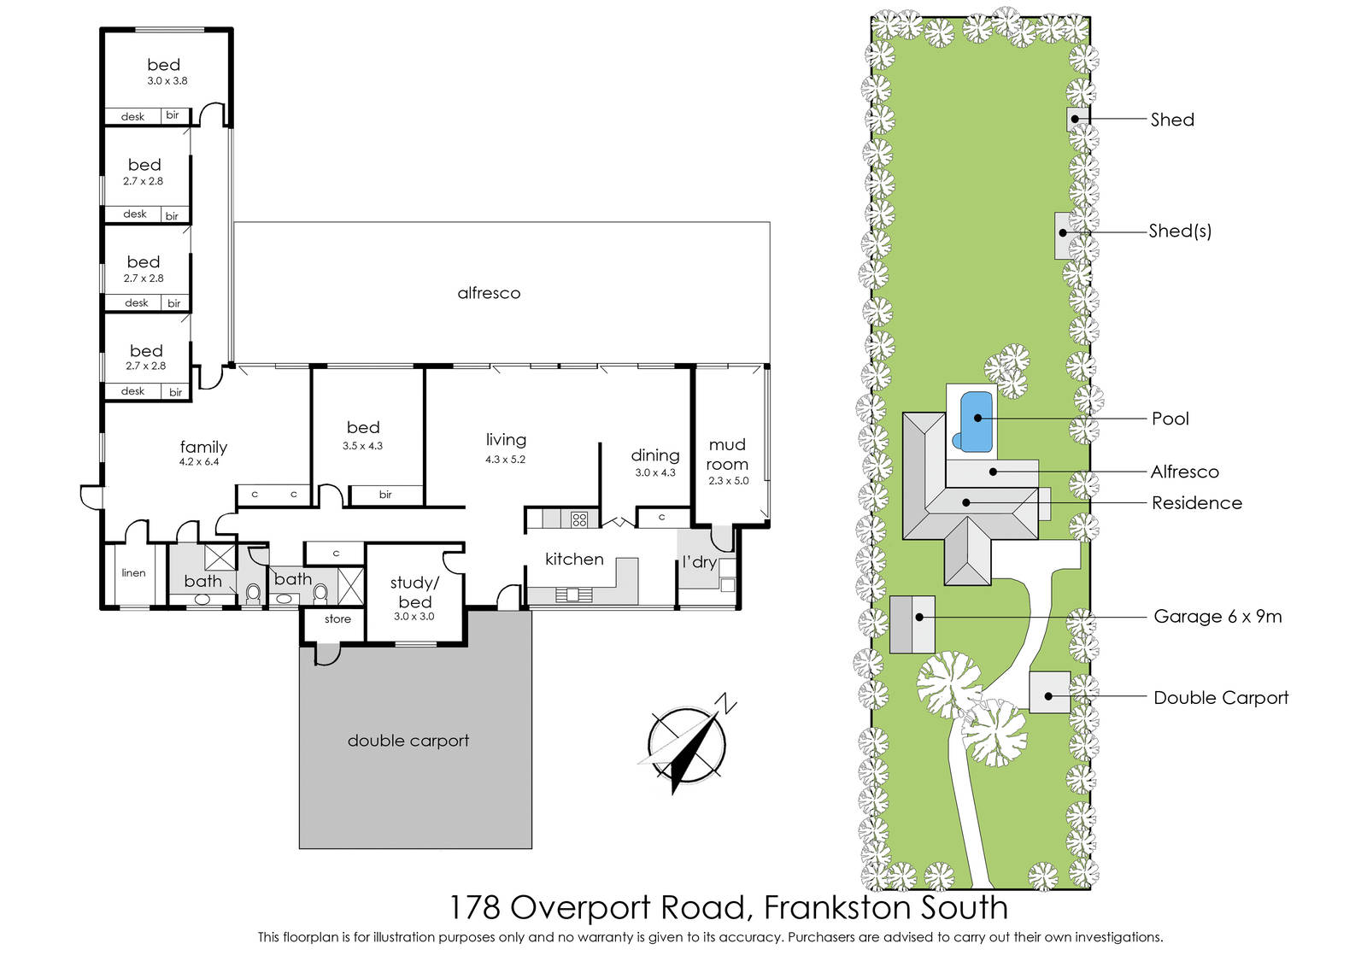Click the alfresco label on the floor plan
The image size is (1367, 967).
(x=489, y=294)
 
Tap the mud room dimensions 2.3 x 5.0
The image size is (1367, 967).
(x=728, y=481)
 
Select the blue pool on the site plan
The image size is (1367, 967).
(x=974, y=422)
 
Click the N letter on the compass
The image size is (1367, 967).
(x=727, y=702)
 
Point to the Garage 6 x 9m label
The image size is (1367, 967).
(x=1217, y=616)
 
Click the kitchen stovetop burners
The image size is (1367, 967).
(x=579, y=519)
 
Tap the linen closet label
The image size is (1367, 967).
(x=133, y=573)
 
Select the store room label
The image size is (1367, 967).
(x=337, y=619)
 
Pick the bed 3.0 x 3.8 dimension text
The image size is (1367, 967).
(x=167, y=81)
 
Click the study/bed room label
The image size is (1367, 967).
(x=415, y=592)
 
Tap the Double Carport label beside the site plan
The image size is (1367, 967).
(x=1221, y=698)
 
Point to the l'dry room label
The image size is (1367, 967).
(x=700, y=562)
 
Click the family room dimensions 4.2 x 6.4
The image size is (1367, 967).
(x=199, y=462)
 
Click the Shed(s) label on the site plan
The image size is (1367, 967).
(x=1180, y=231)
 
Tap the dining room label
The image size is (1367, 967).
(x=655, y=455)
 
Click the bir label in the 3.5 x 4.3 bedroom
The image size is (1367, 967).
(x=385, y=495)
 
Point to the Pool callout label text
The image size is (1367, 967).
(x=1170, y=419)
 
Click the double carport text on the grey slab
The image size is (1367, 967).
(x=408, y=741)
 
